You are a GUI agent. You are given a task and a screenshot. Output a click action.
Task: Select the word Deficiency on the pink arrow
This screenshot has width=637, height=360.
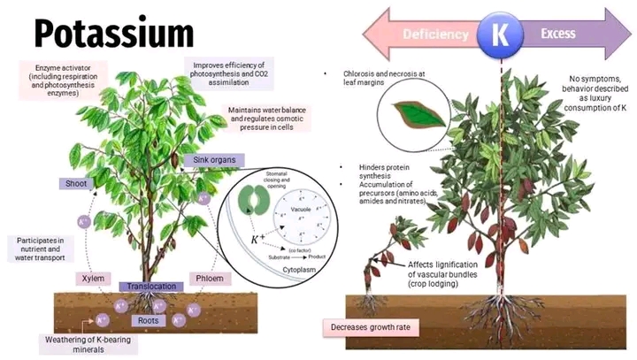(434, 34)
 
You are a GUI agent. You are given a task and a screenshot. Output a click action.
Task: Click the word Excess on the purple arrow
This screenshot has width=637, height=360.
(557, 34)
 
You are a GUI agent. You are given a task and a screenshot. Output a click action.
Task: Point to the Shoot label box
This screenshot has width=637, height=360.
(73, 183)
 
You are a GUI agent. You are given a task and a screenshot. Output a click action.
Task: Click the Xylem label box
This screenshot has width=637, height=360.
(92, 278)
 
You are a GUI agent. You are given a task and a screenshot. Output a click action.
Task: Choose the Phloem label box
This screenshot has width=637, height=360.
(209, 278)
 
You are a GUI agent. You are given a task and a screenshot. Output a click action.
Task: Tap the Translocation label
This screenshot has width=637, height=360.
(152, 287)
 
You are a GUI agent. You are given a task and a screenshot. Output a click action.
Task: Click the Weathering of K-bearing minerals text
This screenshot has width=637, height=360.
(79, 343)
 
